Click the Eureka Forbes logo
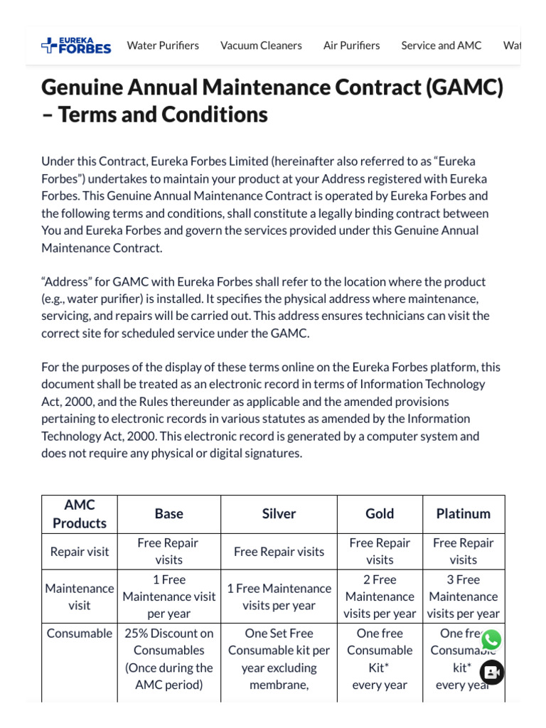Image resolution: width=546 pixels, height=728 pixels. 76,45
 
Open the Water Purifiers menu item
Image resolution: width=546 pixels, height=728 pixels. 163,45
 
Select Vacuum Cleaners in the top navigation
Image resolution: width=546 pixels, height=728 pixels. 261,45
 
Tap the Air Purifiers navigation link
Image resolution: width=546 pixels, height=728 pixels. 351,45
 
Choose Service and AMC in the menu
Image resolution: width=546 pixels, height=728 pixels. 441,45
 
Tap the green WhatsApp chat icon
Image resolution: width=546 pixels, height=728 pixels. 491,640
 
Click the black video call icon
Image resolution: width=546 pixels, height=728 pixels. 492,672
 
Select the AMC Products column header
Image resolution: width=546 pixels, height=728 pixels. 80,514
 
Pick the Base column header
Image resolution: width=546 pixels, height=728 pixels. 168,514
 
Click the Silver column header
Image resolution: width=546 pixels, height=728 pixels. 279,514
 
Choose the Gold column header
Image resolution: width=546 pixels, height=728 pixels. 380,514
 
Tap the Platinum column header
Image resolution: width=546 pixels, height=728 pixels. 464,514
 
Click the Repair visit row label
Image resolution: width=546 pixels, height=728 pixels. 80,552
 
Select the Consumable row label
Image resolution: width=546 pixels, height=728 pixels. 80,633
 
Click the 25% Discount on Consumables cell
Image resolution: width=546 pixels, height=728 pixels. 168,659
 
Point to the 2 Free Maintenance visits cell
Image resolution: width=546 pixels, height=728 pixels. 380,596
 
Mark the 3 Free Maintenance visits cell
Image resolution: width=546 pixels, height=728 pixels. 464,596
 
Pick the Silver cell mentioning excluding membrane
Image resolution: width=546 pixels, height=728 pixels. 279,659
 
